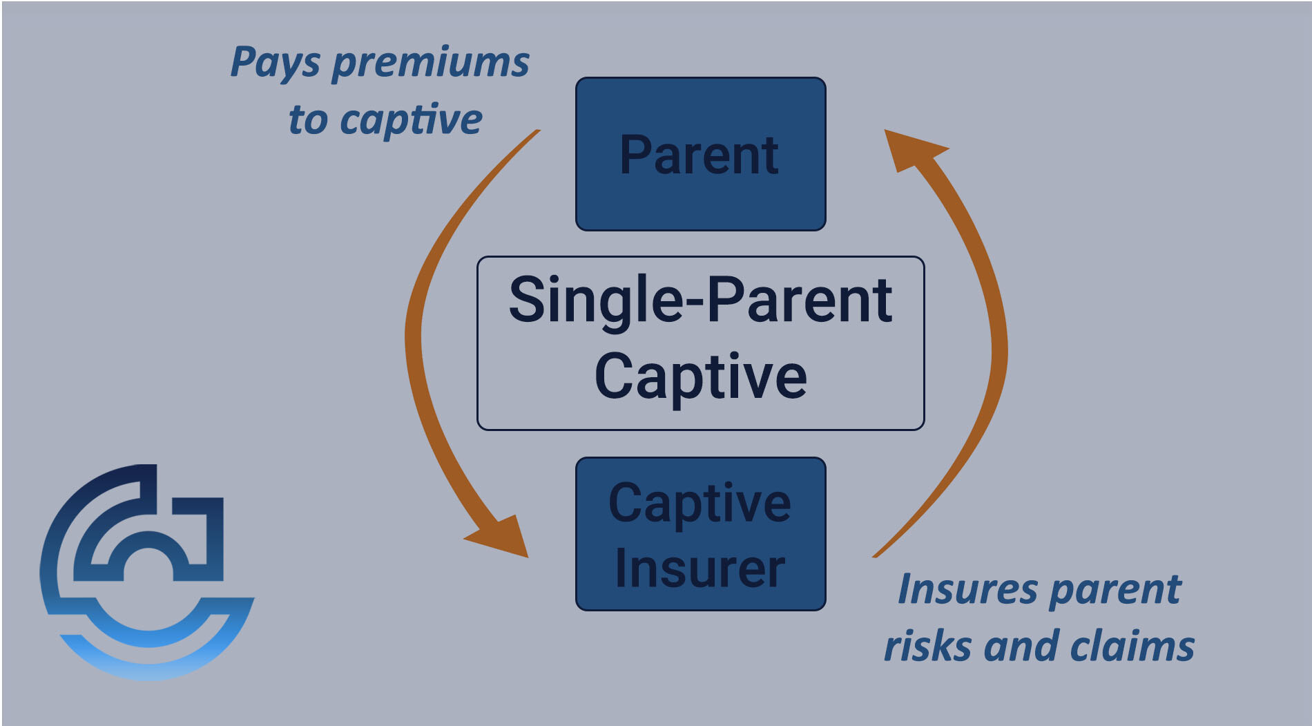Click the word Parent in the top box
(699, 155)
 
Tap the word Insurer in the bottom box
(700, 568)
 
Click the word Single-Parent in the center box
(700, 301)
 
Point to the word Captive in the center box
(700, 376)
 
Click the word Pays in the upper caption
(274, 64)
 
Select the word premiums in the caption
(430, 64)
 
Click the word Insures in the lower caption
(967, 589)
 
